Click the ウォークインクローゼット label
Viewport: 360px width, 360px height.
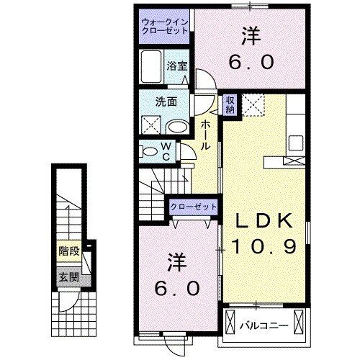[166, 27]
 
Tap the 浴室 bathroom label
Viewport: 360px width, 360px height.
[177, 65]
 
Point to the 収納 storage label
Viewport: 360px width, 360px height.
[229, 104]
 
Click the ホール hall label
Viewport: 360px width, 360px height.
[205, 135]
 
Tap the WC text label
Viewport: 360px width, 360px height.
[166, 151]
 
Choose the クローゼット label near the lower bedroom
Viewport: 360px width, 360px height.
[193, 207]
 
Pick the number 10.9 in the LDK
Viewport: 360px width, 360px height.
[264, 247]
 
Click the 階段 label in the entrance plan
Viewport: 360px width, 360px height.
[68, 252]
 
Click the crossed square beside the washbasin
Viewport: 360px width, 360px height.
[152, 123]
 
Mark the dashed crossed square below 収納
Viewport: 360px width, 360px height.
[253, 105]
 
